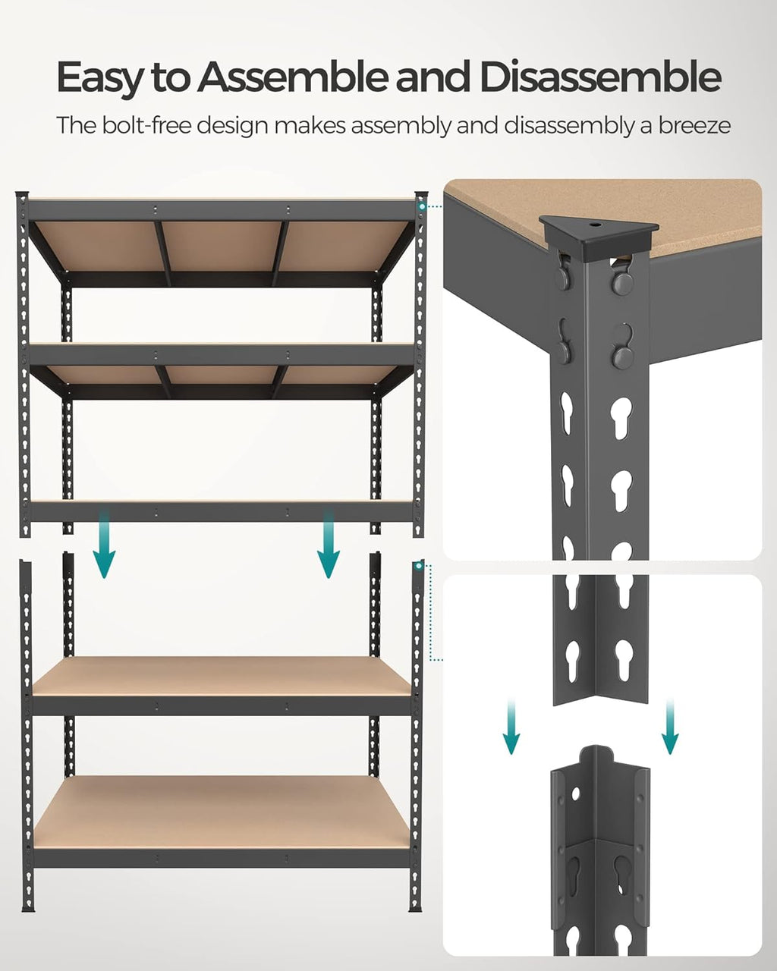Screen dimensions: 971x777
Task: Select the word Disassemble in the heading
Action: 599,77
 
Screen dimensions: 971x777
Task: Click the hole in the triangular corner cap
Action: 595,225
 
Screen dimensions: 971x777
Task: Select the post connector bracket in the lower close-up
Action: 599,842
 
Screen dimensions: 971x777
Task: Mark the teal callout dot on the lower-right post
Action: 420,565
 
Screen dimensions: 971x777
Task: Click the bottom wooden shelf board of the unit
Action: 222,811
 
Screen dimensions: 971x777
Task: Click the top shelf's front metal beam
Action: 222,210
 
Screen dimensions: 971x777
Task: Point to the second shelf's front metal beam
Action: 222,355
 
